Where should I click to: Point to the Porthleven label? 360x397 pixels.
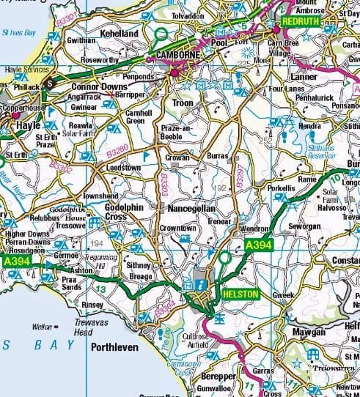[114, 348]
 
